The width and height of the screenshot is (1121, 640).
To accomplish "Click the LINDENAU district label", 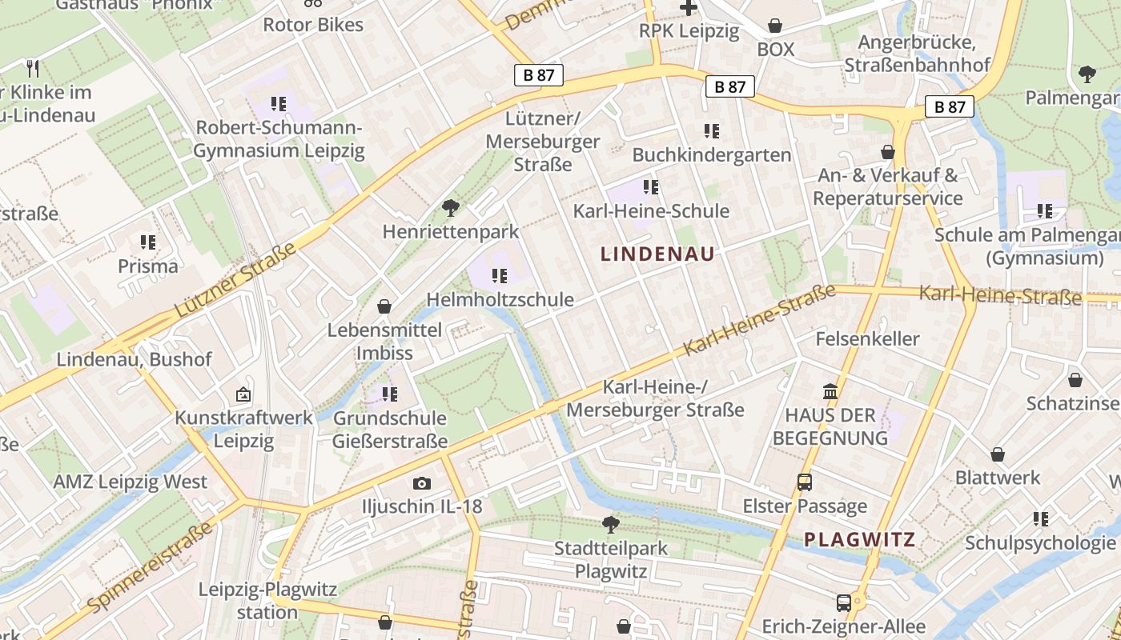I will tap(657, 254).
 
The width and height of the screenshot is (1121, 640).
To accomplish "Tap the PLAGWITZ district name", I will tap(859, 539).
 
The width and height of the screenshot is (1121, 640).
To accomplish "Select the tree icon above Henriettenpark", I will tap(451, 208).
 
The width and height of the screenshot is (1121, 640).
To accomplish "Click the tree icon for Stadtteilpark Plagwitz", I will tap(611, 525).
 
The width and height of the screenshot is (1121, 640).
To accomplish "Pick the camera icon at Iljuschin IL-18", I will tap(421, 483).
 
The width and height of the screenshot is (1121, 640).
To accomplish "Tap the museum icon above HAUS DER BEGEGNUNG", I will tap(830, 392).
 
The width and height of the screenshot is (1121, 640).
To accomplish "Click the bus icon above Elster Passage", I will tap(805, 482).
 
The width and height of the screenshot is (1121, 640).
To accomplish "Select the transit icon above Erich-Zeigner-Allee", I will tap(844, 602).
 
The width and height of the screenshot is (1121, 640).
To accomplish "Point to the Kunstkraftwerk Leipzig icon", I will tap(243, 394).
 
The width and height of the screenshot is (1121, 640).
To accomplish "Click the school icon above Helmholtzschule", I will tap(500, 276).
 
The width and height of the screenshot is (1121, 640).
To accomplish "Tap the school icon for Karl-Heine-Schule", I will tap(651, 187).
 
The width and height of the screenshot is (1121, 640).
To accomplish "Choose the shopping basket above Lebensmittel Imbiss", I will tap(384, 306).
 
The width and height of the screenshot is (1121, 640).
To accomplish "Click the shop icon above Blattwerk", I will tap(998, 454).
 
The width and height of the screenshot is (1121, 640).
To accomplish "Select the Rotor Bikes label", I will tap(313, 25).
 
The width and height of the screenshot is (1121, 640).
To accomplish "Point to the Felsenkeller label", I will tap(867, 339).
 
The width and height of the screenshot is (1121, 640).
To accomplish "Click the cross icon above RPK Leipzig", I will tap(688, 8).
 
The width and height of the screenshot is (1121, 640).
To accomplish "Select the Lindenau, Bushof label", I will tap(134, 360).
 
